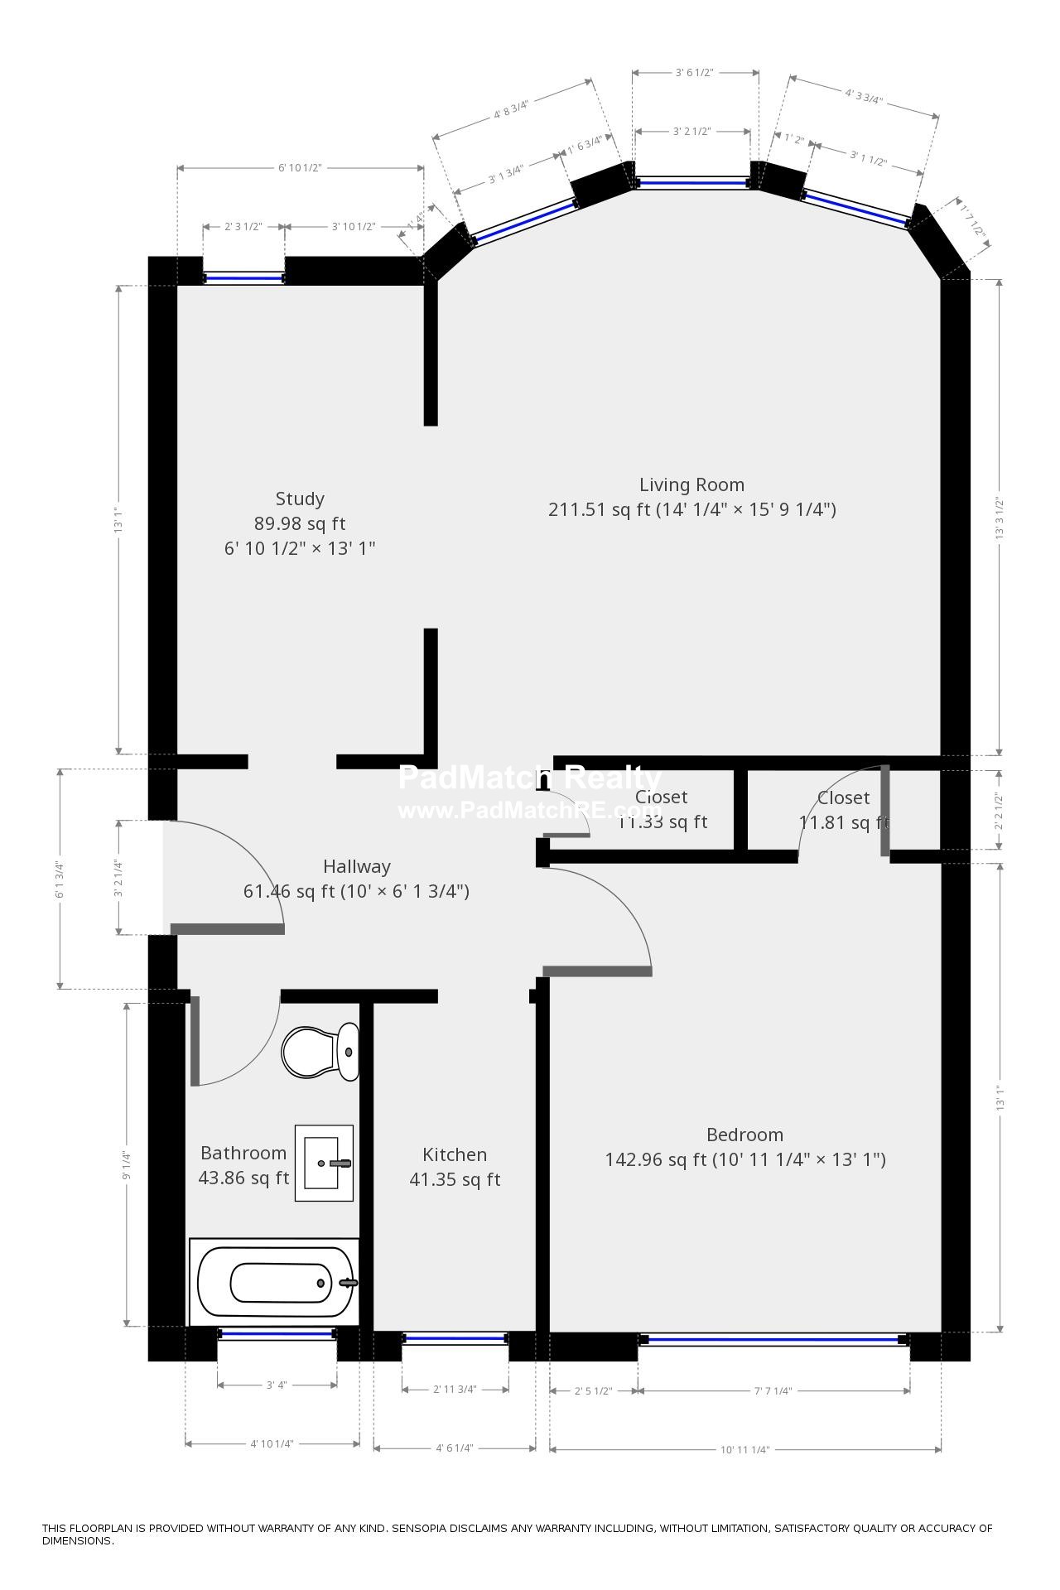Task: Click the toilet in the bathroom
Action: coord(319,1053)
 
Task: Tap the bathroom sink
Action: coord(324,1163)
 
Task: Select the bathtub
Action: coord(275,1283)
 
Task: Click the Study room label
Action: coord(300,499)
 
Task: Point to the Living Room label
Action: coord(691,485)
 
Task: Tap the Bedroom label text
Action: coord(744,1135)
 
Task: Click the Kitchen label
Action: coord(455,1155)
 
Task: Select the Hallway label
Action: coord(356,867)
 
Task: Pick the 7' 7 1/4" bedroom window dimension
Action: coord(773,1391)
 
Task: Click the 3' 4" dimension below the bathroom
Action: coord(277,1385)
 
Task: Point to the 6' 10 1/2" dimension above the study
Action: coord(300,168)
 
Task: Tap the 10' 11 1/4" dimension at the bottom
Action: coord(744,1449)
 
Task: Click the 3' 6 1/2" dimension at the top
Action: coord(694,73)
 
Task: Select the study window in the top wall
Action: coord(244,279)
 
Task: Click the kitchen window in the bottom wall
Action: coord(455,1337)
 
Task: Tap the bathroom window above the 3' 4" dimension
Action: coord(277,1334)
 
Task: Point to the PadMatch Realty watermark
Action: coord(530,778)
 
